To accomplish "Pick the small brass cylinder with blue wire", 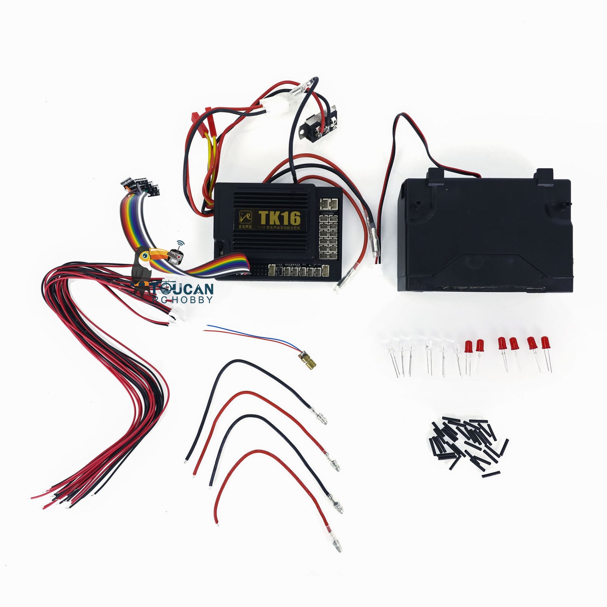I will coord(306,357).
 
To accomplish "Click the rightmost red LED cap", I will coord(545,343).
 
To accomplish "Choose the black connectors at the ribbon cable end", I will coord(141,185).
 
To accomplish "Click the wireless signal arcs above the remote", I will coord(181,244).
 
